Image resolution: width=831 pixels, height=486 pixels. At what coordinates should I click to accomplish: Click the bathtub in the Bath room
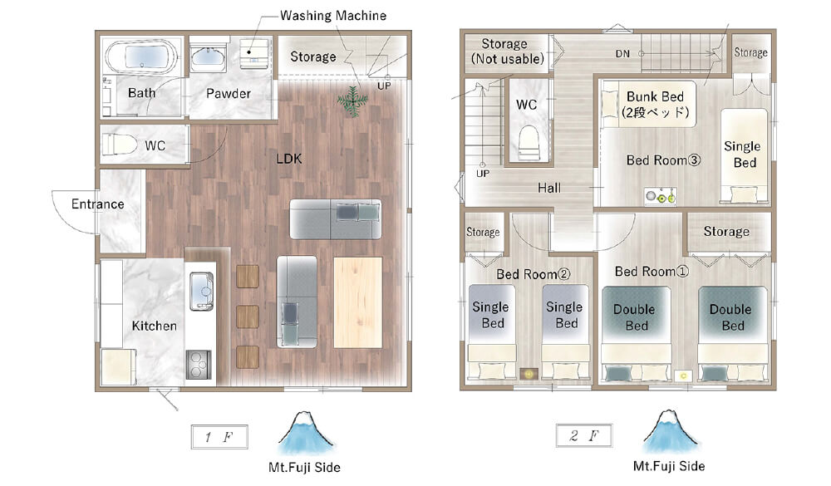141,56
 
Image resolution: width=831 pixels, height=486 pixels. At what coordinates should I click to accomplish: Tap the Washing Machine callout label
333,16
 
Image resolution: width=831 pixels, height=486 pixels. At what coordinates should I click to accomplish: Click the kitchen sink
201,291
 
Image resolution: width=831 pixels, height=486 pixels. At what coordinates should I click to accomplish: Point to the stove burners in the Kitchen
199,365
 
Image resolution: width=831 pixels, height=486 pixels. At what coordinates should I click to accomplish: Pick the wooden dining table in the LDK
357,302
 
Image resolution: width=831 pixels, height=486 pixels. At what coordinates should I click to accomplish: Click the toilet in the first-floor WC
119,145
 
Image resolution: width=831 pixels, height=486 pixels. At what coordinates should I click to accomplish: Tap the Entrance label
98,204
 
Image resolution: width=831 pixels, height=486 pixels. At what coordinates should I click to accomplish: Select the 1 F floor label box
219,437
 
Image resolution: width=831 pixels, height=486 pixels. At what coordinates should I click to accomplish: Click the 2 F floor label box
584,435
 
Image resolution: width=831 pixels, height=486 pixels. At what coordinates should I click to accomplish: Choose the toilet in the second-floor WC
529,141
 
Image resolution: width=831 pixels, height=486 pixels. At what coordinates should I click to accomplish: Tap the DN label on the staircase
622,53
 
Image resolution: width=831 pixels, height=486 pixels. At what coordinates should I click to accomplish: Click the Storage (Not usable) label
507,52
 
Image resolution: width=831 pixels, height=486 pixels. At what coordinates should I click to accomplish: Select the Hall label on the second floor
549,188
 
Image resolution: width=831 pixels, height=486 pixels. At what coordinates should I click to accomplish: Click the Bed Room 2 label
534,274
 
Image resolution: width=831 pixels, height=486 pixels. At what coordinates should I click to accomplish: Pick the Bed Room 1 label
652,272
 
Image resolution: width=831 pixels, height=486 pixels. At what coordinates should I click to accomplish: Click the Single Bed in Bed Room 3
744,156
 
